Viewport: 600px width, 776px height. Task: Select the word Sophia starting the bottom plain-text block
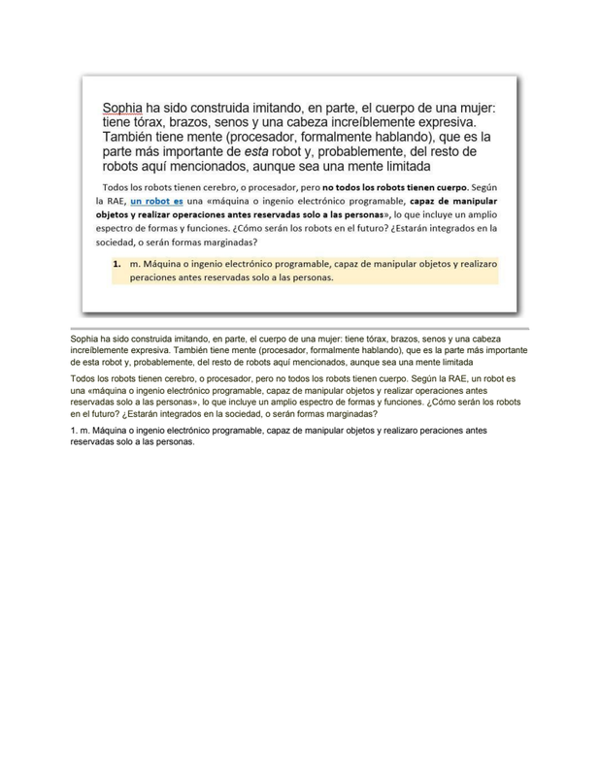88,339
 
